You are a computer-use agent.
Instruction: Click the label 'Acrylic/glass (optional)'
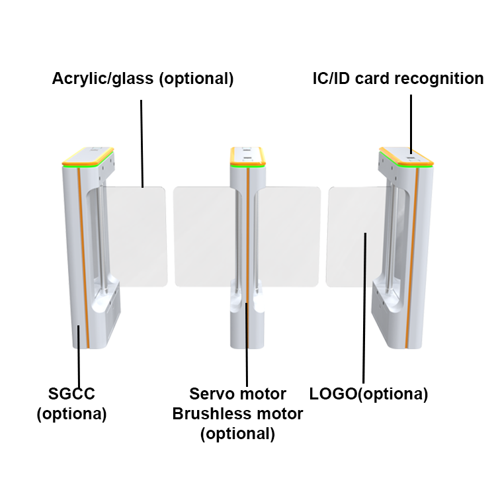click(x=143, y=79)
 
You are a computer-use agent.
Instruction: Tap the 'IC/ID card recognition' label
click(x=398, y=79)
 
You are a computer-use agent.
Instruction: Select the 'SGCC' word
click(x=72, y=395)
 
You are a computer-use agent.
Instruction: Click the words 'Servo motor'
click(x=238, y=395)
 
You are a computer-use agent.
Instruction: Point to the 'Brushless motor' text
click(x=238, y=414)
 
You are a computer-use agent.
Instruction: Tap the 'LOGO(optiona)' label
click(x=369, y=395)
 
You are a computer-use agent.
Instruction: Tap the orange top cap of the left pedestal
click(x=88, y=156)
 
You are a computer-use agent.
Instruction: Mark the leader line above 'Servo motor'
click(x=247, y=344)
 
